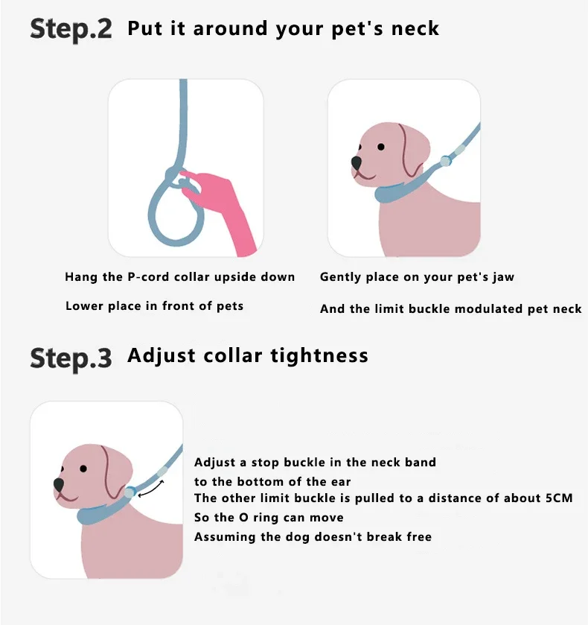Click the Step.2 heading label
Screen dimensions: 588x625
point(71,30)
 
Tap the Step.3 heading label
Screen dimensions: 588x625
point(71,358)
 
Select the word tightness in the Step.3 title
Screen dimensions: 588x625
point(319,355)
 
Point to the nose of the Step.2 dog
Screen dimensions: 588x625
point(356,162)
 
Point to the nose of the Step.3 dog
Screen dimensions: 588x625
point(59,484)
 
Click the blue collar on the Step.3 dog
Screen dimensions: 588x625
point(99,513)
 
